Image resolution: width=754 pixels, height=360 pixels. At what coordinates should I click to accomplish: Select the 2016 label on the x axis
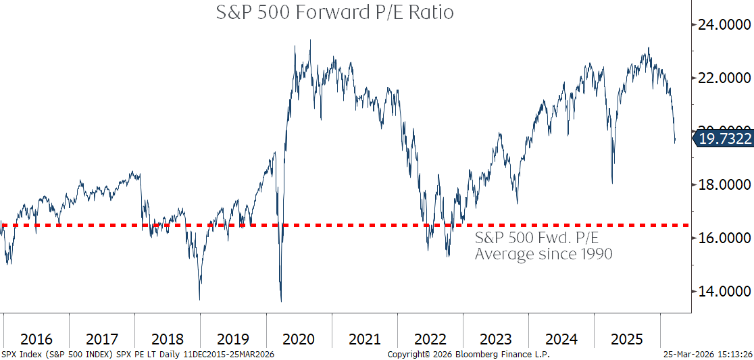click(36, 338)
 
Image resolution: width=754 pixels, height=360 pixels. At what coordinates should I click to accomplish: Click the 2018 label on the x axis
click(168, 338)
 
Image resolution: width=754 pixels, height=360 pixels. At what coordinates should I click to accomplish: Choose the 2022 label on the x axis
click(430, 338)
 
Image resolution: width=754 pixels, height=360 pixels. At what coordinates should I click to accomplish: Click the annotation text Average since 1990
click(543, 254)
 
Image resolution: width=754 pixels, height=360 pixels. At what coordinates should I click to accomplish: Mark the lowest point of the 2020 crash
click(281, 301)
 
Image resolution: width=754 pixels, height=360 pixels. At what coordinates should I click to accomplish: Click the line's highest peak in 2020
click(310, 41)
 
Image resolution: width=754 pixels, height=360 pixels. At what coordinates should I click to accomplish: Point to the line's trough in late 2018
click(199, 299)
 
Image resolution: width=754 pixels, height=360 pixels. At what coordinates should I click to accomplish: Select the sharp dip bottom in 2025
click(612, 183)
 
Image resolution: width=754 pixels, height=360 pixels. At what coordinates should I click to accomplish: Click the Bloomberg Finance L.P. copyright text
click(468, 355)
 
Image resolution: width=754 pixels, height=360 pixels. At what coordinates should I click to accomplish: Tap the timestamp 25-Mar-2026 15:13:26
click(708, 355)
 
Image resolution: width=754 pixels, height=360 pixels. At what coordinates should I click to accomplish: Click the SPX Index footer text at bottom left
click(138, 355)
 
